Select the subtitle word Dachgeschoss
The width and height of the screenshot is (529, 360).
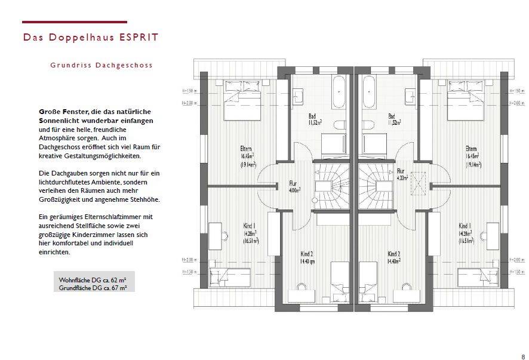127,65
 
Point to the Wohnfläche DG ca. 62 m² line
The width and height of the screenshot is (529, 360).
92,279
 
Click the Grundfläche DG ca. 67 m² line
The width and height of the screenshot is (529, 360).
93,288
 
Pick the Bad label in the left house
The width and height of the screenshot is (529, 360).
312,116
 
